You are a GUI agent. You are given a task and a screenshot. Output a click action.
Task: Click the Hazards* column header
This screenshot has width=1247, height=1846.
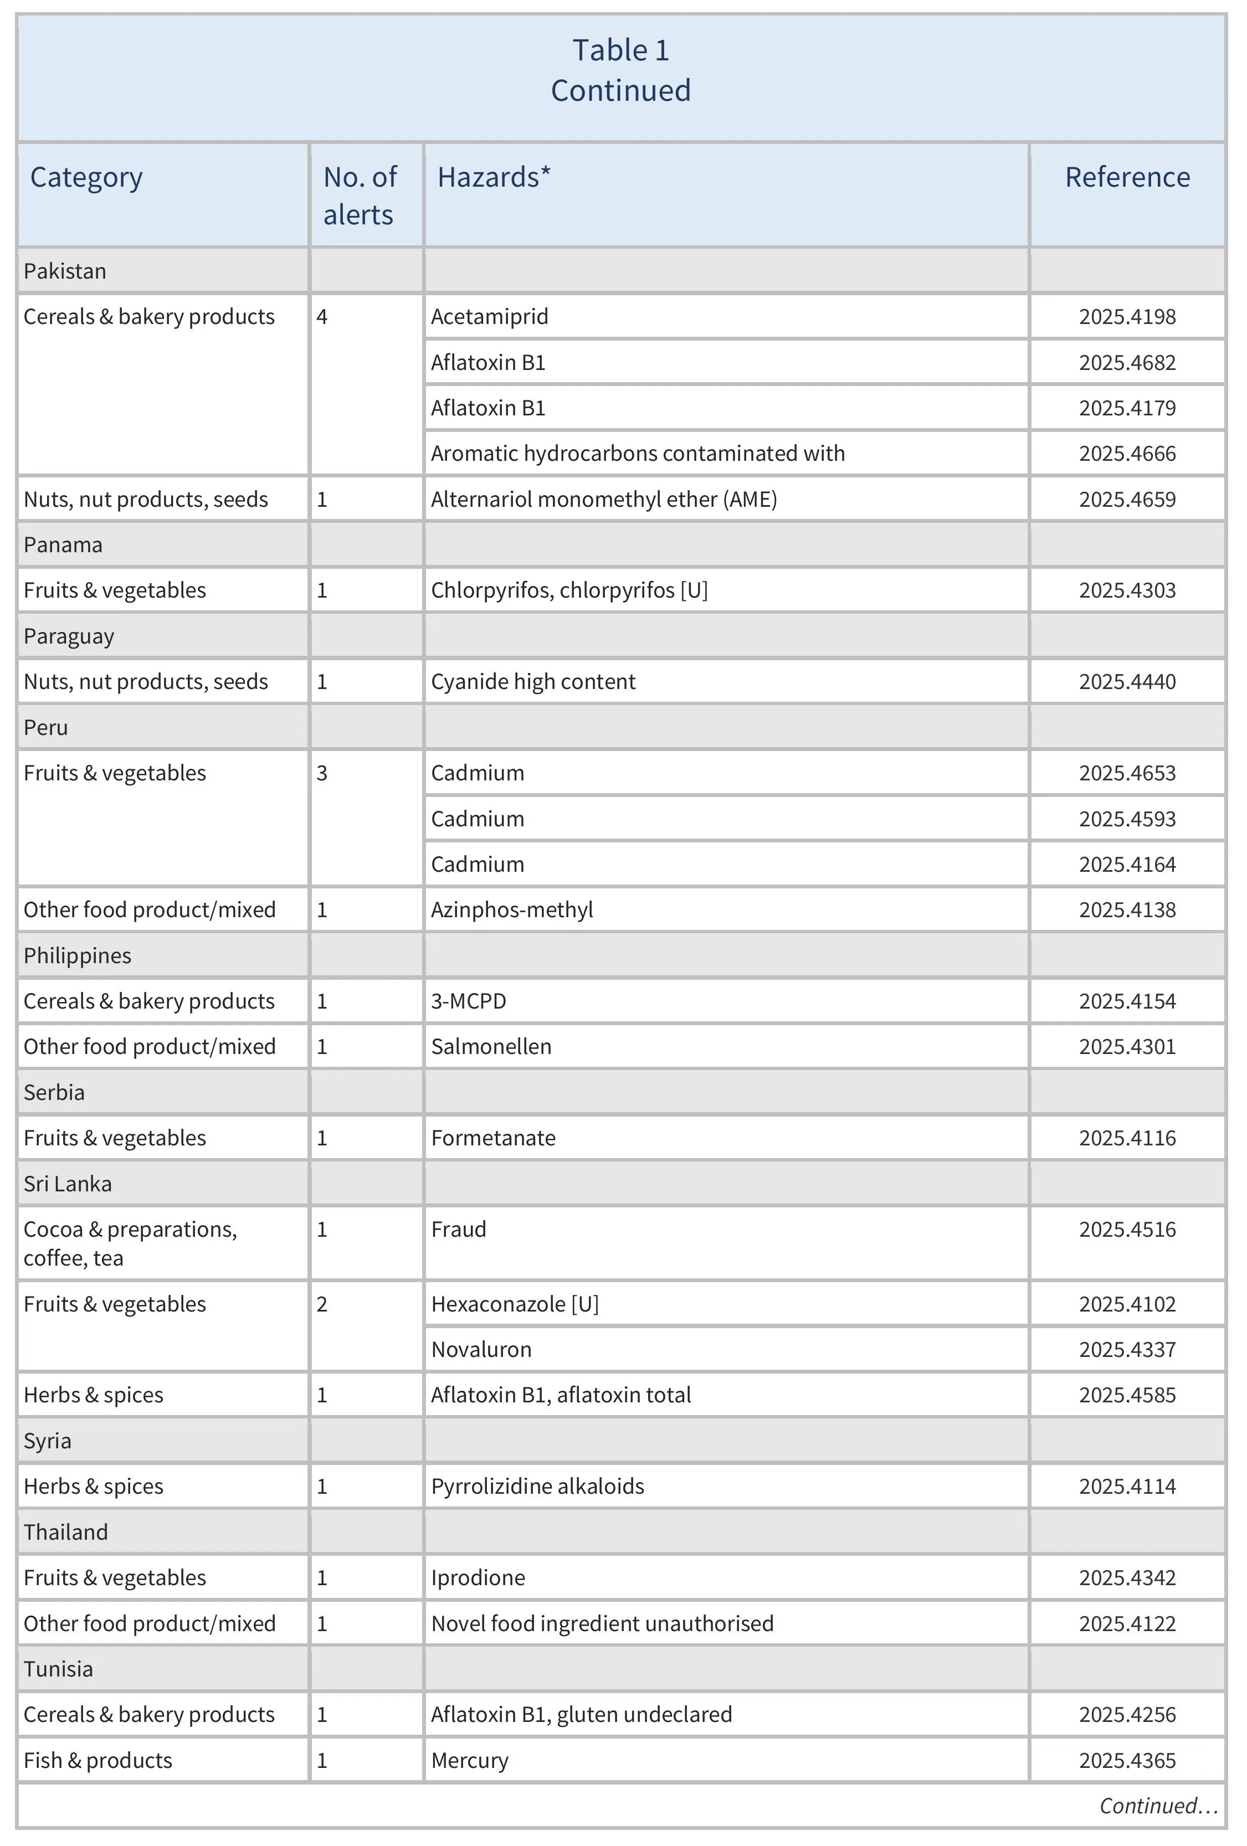(x=493, y=177)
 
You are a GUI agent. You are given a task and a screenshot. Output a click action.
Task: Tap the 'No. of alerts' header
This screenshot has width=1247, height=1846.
(x=360, y=196)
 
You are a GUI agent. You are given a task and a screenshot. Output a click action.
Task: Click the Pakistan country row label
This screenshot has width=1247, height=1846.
(x=65, y=271)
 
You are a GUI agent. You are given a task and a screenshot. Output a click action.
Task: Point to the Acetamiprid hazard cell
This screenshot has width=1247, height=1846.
(x=489, y=316)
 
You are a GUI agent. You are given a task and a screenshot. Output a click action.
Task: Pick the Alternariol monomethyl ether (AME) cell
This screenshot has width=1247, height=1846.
(x=604, y=499)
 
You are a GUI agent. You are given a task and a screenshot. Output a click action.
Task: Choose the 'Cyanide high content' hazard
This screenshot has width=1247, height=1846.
(x=533, y=682)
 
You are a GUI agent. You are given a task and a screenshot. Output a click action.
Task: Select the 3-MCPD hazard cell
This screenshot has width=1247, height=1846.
(x=469, y=1001)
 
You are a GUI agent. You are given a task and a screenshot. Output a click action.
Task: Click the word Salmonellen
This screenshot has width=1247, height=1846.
(x=491, y=1046)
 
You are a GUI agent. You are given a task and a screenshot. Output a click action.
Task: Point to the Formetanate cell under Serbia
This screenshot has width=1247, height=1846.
(x=493, y=1138)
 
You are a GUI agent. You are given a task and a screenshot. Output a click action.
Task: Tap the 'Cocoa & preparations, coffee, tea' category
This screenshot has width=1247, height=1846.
(x=130, y=1242)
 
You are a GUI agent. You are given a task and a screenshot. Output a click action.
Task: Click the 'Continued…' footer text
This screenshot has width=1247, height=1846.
(x=1157, y=1806)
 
